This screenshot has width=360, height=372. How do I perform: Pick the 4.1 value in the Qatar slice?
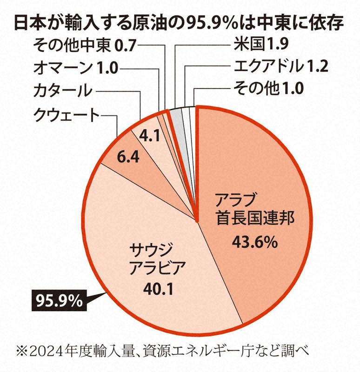[150, 136]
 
